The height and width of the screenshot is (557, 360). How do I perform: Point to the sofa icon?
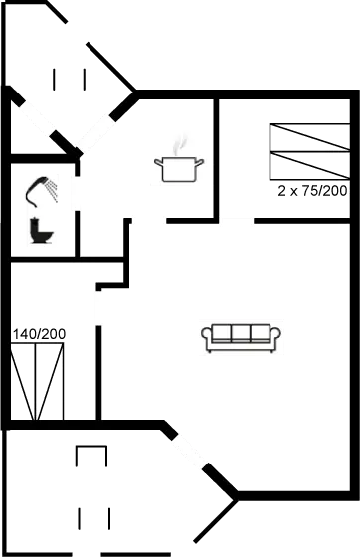242,337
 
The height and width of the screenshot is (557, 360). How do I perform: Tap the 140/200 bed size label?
39,334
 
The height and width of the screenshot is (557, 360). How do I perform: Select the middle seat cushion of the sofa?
242,333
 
